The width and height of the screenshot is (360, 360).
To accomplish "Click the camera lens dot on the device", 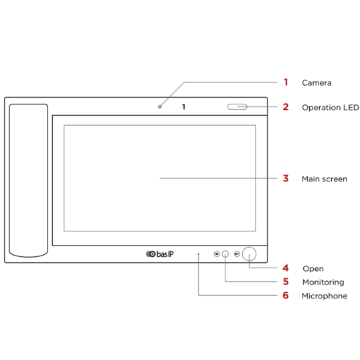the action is click(160, 107).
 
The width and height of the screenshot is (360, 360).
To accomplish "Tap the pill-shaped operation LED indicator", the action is click(237, 107).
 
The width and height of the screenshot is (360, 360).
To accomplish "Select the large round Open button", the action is click(249, 254).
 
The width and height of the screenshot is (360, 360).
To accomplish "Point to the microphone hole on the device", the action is click(199, 254).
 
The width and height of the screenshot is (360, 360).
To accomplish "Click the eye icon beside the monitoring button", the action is click(217, 254).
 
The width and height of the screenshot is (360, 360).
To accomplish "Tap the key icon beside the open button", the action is click(237, 254).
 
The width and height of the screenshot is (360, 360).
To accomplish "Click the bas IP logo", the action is click(160, 254).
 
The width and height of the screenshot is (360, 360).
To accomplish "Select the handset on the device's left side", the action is click(29, 181).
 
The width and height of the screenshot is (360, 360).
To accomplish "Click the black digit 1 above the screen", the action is click(183, 107).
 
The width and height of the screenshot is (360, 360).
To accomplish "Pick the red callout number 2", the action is click(286, 107).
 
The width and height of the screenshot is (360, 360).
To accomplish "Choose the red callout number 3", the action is click(286, 179).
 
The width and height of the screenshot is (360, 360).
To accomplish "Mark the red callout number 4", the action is click(286, 268).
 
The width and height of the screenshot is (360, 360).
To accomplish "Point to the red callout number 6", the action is click(286, 296).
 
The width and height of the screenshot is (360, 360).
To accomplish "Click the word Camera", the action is click(317, 83).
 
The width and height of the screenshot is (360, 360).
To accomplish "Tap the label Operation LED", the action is click(331, 108).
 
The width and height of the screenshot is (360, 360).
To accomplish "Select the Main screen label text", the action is click(325, 179).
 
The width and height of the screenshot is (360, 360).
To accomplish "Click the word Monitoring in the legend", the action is click(323, 282).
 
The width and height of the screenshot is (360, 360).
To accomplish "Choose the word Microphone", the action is click(325, 296).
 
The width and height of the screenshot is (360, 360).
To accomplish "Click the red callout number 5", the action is click(286, 282).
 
